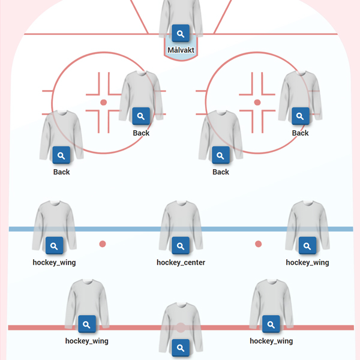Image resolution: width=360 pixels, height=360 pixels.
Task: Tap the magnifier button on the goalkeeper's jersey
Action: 181,34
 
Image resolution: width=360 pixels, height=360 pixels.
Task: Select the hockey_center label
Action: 181,262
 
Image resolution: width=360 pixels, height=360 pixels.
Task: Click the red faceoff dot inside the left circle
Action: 103,103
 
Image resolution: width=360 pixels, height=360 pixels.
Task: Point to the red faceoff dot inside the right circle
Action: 257,103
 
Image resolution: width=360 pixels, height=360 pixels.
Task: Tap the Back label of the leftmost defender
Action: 61,172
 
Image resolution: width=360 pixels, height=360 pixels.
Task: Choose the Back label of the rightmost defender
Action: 300,133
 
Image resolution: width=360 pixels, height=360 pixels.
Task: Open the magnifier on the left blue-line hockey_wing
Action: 54,246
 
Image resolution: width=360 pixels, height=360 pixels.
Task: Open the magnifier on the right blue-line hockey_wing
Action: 307,246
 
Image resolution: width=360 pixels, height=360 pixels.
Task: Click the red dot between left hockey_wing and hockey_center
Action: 103,244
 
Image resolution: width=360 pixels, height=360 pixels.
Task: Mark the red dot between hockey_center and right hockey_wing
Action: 258,244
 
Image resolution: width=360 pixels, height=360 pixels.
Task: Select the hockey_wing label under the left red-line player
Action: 86,341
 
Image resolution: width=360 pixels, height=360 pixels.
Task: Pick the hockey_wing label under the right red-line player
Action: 271,341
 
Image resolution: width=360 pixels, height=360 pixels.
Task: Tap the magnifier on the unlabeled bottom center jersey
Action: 181,347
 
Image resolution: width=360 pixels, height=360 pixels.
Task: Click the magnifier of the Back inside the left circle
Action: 141,116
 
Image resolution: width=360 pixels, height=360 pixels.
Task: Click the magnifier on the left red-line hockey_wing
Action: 86,325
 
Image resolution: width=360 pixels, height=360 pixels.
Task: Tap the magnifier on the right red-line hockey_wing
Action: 271,325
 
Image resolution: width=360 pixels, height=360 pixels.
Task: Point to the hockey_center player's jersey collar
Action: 181,204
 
